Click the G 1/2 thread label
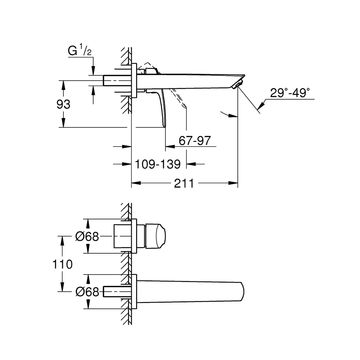(80, 51)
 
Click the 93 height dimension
(63, 104)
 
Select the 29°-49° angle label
(290, 93)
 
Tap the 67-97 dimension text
(195, 140)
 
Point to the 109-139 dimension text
(158, 164)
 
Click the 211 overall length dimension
(184, 184)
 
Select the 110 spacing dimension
(62, 264)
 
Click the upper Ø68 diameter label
(87, 236)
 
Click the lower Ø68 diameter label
(87, 292)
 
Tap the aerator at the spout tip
(237, 84)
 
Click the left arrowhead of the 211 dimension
(136, 183)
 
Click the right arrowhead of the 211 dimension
(233, 183)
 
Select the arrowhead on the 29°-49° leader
(261, 106)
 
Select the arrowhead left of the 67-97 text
(170, 146)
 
